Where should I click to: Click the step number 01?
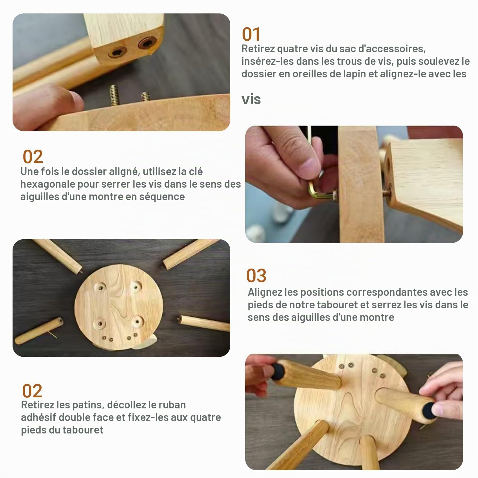pyautogui.click(x=251, y=34)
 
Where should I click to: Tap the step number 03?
pyautogui.click(x=256, y=275)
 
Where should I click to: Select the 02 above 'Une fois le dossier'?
pyautogui.click(x=33, y=157)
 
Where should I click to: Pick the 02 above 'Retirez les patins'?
pyautogui.click(x=32, y=391)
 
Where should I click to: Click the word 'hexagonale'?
pyautogui.click(x=48, y=184)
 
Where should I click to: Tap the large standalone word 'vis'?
pyautogui.click(x=251, y=99)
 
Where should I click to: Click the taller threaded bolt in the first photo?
pyautogui.click(x=115, y=95)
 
